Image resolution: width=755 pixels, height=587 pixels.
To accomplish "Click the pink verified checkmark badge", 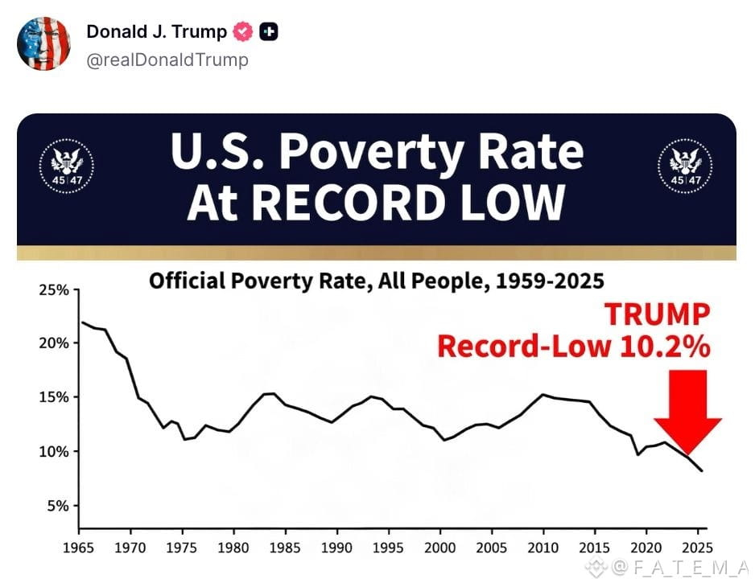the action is [x=243, y=31].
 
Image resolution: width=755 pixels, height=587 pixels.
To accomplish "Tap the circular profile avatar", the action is [x=43, y=43].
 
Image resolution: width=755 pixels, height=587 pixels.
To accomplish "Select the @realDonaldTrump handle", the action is [x=167, y=60].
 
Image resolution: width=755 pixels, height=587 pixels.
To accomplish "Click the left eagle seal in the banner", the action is [x=67, y=166].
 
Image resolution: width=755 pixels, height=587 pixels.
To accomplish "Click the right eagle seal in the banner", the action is [x=685, y=166].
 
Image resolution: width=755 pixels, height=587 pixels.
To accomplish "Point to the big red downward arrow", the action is [x=687, y=412].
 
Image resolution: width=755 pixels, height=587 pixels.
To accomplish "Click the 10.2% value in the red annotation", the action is [x=665, y=347].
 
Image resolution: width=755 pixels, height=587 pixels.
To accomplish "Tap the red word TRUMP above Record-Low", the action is [x=658, y=314].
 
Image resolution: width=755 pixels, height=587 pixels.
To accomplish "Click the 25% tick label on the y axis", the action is [x=54, y=289].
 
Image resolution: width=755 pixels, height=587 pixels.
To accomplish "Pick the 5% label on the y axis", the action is [x=58, y=506].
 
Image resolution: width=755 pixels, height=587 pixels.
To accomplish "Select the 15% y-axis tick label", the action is [x=54, y=397].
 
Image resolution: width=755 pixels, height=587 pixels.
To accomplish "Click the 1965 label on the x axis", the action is [x=79, y=548].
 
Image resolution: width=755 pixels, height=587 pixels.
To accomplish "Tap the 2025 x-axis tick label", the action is [x=698, y=548].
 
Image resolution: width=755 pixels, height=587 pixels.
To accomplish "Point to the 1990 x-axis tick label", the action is [x=336, y=548].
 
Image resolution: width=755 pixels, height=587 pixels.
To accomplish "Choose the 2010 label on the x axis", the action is [x=543, y=548].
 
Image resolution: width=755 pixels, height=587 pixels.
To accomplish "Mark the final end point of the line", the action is [x=702, y=470].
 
